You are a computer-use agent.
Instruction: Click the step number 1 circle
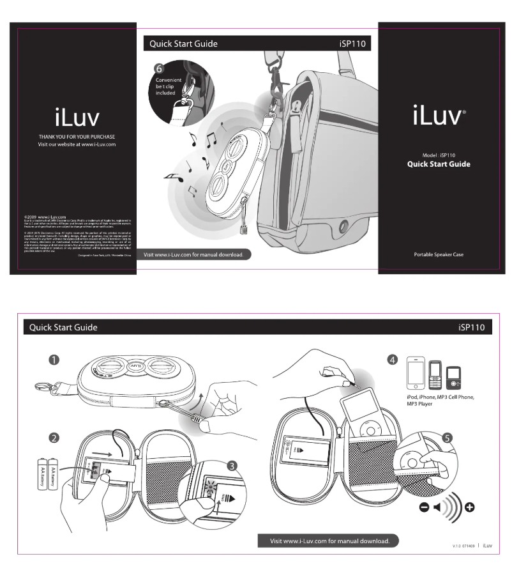pos(56,360)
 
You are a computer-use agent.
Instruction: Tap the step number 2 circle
pos(56,438)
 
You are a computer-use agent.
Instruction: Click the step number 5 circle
pos(448,438)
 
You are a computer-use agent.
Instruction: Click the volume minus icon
pos(425,507)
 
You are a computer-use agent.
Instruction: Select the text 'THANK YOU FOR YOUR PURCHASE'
pos(76,137)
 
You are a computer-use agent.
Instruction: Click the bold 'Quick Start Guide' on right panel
pos(439,164)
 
